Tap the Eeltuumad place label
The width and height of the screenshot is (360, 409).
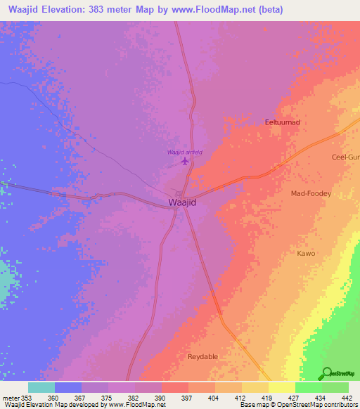283,122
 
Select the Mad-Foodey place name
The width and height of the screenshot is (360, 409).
311,193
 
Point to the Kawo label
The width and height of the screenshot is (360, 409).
306,253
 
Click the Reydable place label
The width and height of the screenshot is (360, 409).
203,357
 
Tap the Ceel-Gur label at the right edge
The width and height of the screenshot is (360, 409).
345,157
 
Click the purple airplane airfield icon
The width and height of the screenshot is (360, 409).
185,162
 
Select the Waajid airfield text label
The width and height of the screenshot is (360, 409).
185,152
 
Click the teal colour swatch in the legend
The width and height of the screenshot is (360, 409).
41,387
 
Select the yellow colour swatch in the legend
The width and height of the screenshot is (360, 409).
282,387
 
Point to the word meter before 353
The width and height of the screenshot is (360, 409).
10,397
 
